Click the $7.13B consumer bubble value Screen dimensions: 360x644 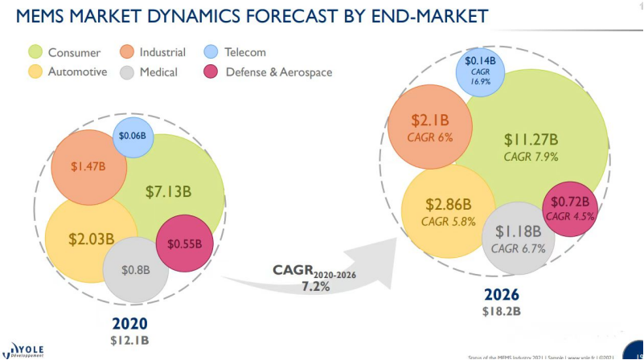coord(168,191)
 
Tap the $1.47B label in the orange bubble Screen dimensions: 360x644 coord(88,166)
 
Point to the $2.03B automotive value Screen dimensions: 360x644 coord(91,239)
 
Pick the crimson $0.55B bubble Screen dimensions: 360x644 coord(184,243)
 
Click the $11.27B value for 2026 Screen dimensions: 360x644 coord(531,139)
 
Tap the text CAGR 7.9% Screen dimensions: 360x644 coord(531,157)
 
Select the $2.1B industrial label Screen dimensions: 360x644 coord(430,121)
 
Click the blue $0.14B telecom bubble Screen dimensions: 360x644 coord(480,72)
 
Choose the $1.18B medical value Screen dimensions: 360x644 coord(519,231)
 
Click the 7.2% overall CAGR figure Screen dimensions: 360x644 coord(315,287)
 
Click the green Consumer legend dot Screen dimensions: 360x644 coord(35,53)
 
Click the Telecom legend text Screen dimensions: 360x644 coord(245,53)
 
